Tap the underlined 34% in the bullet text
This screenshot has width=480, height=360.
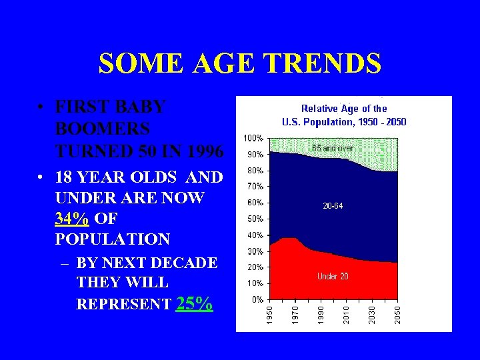pos(72,219)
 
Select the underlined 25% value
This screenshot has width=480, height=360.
pos(195,304)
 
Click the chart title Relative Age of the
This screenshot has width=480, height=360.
pos(344,108)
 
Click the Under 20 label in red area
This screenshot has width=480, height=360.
pos(332,276)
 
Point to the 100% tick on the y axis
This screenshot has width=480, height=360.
pos(253,138)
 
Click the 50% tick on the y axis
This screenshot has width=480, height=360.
pos(255,219)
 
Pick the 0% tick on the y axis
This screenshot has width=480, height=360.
pos(257,299)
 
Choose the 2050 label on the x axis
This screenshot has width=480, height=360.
pos(397,315)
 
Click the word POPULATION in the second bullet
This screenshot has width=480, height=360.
pos(113,239)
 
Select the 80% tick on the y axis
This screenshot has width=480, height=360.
pos(255,170)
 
